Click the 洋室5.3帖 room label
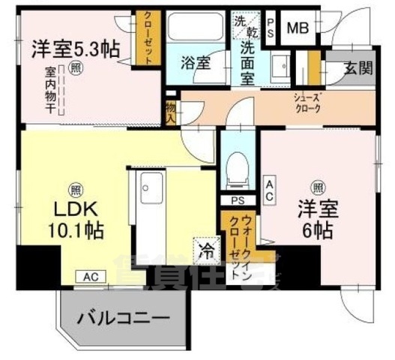coord(75,50)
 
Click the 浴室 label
coord(196,64)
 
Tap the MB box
coord(298,28)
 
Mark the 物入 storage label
coord(171,112)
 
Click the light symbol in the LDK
coord(76,187)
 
